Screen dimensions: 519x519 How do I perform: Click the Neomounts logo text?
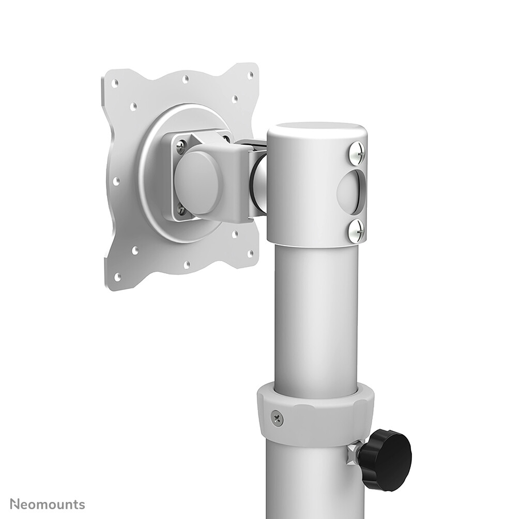pyautogui.click(x=47, y=504)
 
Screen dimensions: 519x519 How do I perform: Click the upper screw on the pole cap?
pyautogui.click(x=357, y=151)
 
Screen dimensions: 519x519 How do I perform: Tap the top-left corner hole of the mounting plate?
pyautogui.click(x=115, y=83)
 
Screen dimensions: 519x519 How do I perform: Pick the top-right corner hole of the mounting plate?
pyautogui.click(x=250, y=75)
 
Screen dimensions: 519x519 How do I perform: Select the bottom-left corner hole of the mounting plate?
pyautogui.click(x=117, y=277)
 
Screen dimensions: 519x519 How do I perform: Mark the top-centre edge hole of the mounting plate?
pyautogui.click(x=185, y=79)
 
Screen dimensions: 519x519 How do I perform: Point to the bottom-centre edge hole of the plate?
pyautogui.click(x=187, y=265)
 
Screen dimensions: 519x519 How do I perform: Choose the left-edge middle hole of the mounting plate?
pyautogui.click(x=116, y=181)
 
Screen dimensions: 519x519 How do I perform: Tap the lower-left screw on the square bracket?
pyautogui.click(x=180, y=209)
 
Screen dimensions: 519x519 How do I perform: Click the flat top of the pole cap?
pyautogui.click(x=316, y=130)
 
